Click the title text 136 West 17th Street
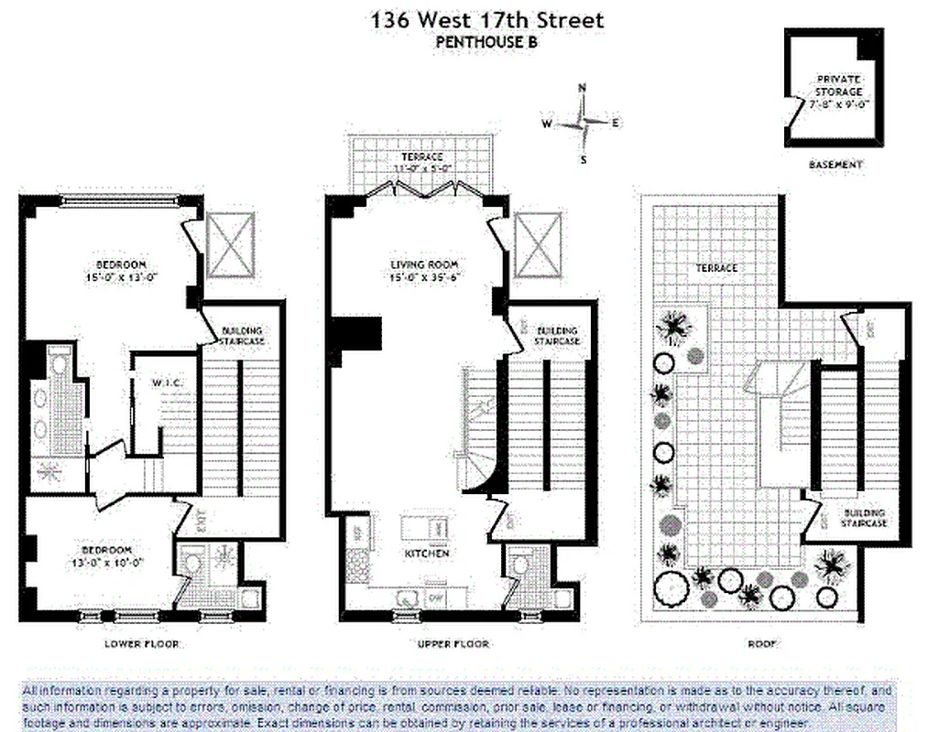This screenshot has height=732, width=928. [x=474, y=18]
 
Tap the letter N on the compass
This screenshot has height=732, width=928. [x=581, y=88]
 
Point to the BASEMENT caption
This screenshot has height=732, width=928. [x=835, y=165]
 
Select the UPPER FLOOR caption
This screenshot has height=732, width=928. [x=453, y=644]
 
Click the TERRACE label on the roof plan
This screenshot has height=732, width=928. [x=715, y=268]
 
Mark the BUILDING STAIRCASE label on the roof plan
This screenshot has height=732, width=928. [x=864, y=518]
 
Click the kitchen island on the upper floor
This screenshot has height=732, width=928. [x=424, y=528]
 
